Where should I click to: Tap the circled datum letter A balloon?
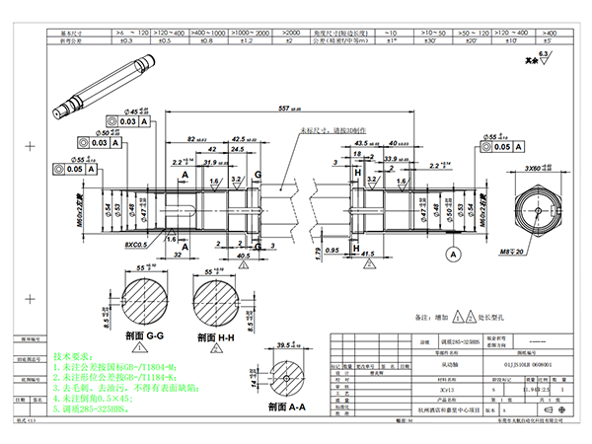click(455, 254)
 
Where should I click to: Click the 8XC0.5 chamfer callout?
click(139, 242)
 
